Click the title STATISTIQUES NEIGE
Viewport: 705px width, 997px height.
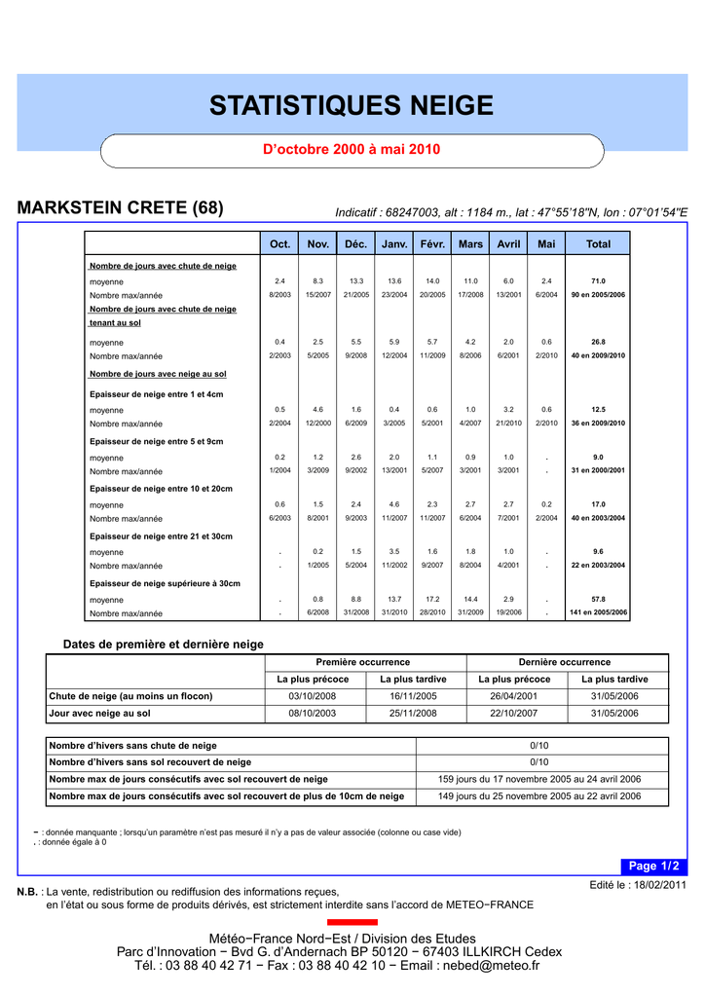(352, 105)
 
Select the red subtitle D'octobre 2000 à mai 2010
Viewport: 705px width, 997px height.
(352, 150)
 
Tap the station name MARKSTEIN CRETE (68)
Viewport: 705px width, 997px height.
(121, 207)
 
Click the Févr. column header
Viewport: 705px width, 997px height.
(432, 243)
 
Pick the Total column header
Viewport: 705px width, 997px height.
(598, 243)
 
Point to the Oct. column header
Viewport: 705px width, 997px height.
(279, 243)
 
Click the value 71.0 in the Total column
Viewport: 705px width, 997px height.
(598, 280)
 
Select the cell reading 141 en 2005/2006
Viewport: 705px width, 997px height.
(598, 613)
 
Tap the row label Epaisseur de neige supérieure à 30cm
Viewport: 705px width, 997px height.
(165, 583)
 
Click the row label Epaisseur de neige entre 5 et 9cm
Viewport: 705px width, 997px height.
(156, 441)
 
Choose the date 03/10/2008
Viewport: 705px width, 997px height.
(314, 696)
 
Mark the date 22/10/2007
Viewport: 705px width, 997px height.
(514, 713)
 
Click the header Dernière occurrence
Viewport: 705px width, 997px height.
(565, 662)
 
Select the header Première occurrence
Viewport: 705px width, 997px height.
(363, 662)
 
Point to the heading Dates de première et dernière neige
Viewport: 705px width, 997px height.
(164, 644)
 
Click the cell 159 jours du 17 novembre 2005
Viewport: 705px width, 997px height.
(539, 779)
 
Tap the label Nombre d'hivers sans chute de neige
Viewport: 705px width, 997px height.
(133, 746)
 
